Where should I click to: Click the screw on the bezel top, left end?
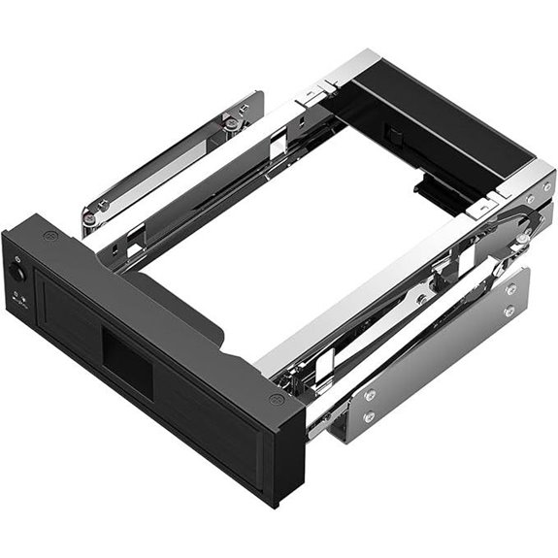coord(50,236)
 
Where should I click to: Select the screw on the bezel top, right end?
coord(276,399)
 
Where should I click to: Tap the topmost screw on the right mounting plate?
coord(510,288)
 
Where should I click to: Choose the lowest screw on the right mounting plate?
coord(369,418)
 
